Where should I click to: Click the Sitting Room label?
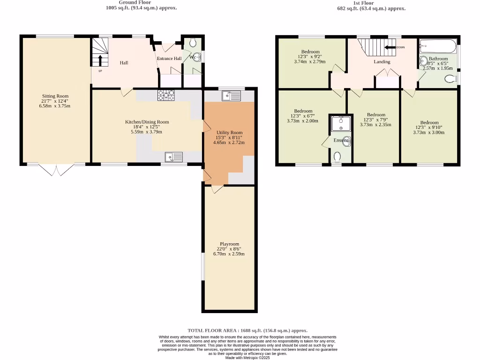click(55, 96)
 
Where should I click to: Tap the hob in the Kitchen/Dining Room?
click(166, 95)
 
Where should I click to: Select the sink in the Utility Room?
click(232, 96)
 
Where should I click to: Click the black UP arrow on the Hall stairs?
click(100, 60)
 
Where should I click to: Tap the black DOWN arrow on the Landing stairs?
click(390, 47)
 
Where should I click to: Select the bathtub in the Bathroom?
click(438, 46)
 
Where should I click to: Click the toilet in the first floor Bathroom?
click(450, 78)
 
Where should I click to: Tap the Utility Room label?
click(229, 133)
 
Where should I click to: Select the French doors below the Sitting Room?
click(56, 169)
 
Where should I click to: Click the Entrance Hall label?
click(169, 59)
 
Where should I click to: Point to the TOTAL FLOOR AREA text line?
click(247, 330)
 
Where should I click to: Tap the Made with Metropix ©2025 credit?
click(247, 357)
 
